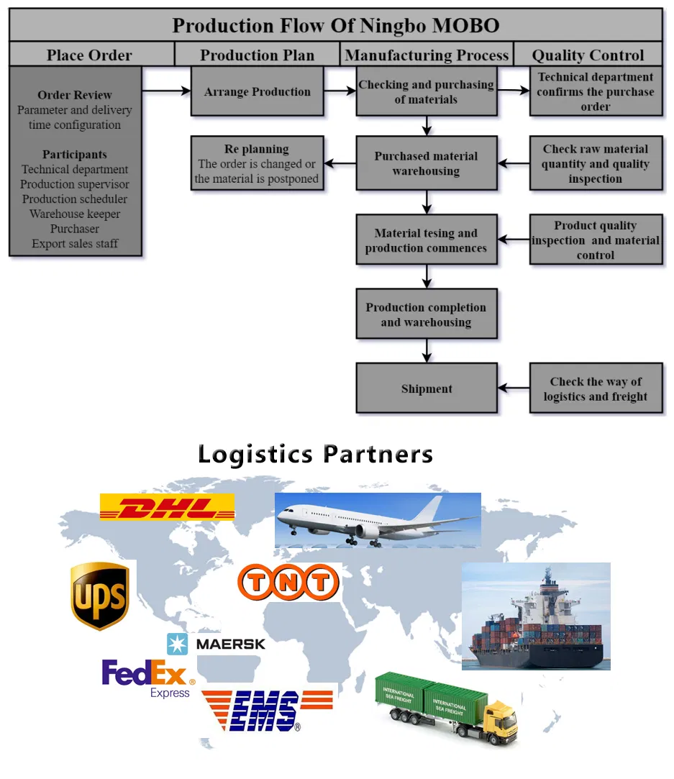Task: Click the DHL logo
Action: click(167, 507)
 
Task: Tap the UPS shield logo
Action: click(100, 596)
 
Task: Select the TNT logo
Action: click(288, 583)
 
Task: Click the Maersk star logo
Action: click(177, 644)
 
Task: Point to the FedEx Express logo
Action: click(147, 678)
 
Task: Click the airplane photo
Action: click(377, 520)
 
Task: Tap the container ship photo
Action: click(535, 616)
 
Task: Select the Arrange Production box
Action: click(257, 92)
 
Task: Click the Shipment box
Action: click(427, 388)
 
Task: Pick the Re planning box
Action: click(257, 164)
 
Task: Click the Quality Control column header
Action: click(588, 55)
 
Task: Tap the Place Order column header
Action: click(90, 55)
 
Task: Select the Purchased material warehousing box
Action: click(427, 164)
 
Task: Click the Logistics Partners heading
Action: click(315, 454)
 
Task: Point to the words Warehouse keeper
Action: click(75, 214)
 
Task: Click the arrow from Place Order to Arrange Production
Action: click(165, 91)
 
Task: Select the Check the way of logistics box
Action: click(595, 389)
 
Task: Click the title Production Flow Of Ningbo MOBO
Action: click(336, 26)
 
